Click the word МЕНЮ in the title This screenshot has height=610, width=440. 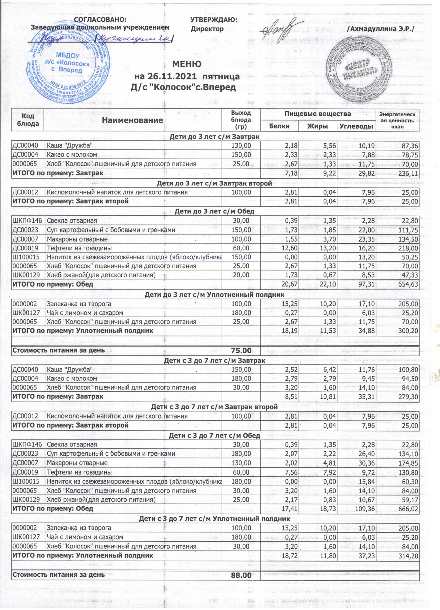(187, 64)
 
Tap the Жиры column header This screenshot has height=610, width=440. (318, 126)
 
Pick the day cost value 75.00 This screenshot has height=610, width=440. (241, 350)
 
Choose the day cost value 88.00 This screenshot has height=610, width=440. (241, 575)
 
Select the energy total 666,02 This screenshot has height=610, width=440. (408, 508)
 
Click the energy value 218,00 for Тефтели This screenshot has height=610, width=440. (408, 248)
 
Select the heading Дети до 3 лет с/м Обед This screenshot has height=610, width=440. (214, 211)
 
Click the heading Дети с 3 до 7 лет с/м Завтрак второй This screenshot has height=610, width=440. (214, 407)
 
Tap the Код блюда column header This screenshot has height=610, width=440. (28, 120)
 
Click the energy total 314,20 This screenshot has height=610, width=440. (408, 556)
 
